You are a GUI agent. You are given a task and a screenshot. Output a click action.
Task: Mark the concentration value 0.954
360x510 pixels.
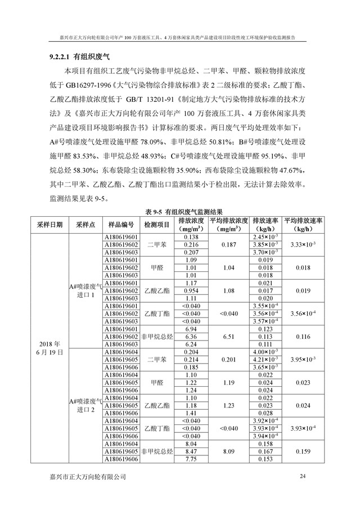click(x=191, y=290)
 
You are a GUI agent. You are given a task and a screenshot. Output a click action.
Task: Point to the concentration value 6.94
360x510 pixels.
click(x=191, y=328)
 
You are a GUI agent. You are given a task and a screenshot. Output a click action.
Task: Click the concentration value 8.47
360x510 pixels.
click(x=191, y=451)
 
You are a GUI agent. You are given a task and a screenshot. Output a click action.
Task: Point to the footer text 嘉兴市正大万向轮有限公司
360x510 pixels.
click(x=88, y=477)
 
